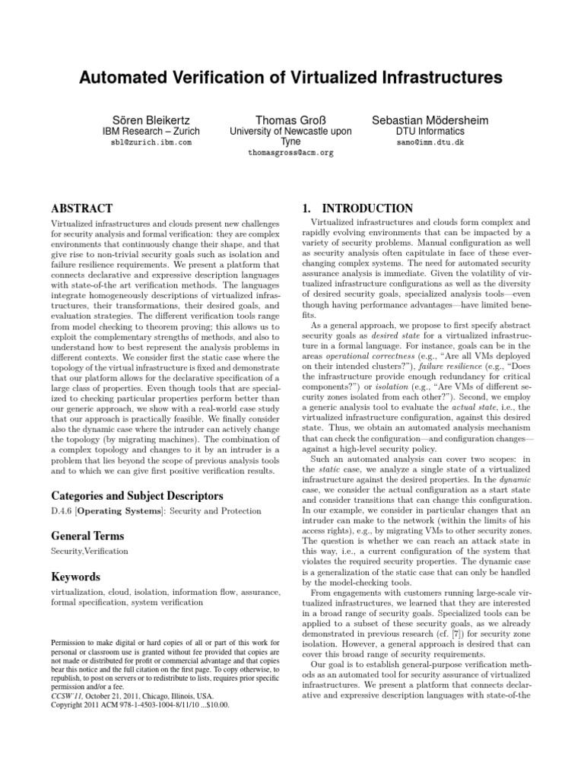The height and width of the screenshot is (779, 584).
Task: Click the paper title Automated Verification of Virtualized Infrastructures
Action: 292,78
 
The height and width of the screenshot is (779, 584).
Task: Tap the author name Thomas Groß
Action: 290,120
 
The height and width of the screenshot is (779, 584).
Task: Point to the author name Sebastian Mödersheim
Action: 430,120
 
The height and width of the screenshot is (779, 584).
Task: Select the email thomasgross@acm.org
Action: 290,153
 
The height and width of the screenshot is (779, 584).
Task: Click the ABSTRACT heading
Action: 81,208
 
